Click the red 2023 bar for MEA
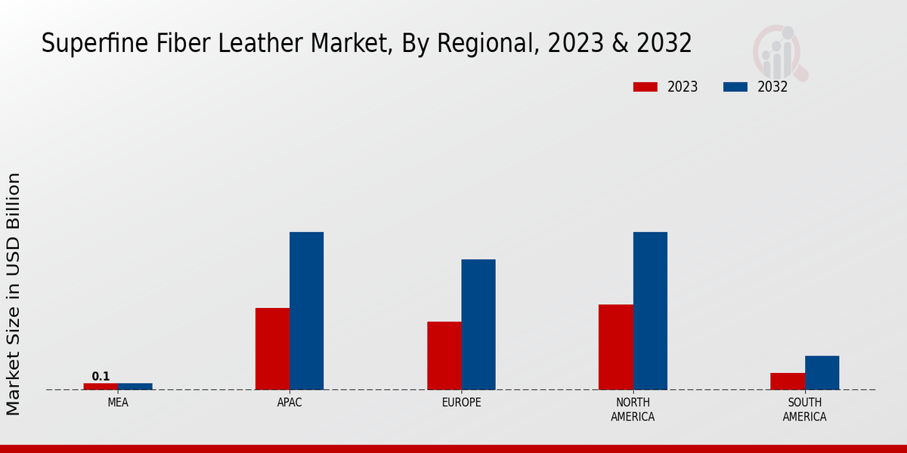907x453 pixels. click(x=101, y=387)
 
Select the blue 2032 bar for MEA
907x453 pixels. click(x=135, y=387)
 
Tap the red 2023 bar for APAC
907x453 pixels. click(x=272, y=349)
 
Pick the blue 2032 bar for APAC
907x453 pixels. click(x=306, y=311)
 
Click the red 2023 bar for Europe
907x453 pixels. click(x=444, y=356)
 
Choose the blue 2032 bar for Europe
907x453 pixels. click(x=478, y=325)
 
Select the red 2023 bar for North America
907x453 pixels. click(x=616, y=347)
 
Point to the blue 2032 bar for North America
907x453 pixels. click(x=650, y=311)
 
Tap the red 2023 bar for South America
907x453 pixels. click(x=788, y=381)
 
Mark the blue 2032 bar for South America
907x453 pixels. click(x=822, y=373)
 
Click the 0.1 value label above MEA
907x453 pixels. click(x=101, y=376)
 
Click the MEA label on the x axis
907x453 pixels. click(x=118, y=403)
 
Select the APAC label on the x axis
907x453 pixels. click(x=289, y=403)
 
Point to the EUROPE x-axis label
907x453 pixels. click(x=461, y=403)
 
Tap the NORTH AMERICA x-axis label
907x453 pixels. click(x=633, y=410)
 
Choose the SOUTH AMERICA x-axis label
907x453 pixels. click(x=804, y=410)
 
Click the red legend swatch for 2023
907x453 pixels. click(x=645, y=87)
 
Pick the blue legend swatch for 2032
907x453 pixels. click(x=735, y=87)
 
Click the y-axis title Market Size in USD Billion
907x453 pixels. click(x=14, y=294)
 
